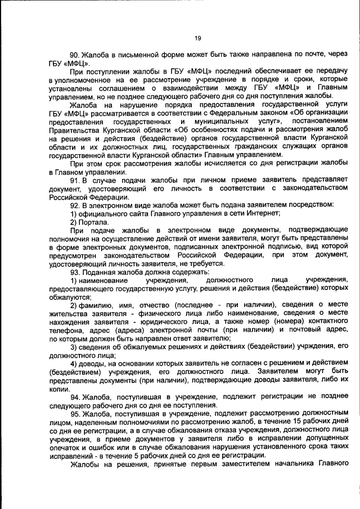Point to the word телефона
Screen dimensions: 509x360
click(x=66, y=330)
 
